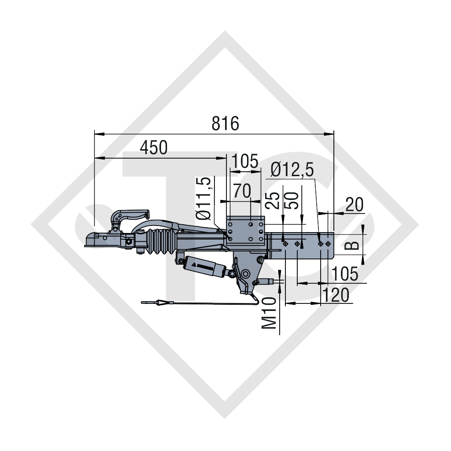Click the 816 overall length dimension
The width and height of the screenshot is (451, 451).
click(225, 124)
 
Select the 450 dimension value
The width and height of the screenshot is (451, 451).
click(154, 148)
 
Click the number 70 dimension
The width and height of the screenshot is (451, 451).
click(242, 191)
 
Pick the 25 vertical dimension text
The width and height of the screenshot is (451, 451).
click(272, 200)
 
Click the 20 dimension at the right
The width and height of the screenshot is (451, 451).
click(355, 204)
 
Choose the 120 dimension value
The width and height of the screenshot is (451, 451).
click(336, 295)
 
